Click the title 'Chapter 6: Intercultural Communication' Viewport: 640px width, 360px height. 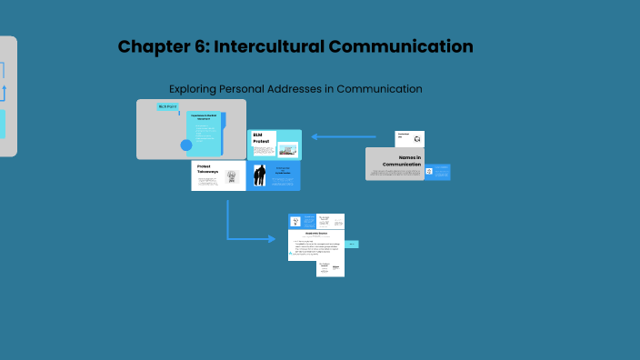click(x=295, y=46)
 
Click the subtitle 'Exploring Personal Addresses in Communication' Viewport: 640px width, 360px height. click(x=295, y=89)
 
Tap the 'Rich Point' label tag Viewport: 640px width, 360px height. click(x=168, y=106)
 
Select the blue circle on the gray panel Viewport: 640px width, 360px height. click(x=186, y=145)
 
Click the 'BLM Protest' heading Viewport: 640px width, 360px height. click(x=262, y=138)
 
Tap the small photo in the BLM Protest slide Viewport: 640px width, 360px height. click(x=287, y=149)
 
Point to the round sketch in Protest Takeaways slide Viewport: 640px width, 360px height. click(x=231, y=176)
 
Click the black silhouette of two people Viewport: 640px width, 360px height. click(x=260, y=175)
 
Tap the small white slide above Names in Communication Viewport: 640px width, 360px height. click(x=409, y=138)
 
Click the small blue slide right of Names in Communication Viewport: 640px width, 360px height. click(x=437, y=172)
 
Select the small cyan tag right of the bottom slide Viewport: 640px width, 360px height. click(x=352, y=244)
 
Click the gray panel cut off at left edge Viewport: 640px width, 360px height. click(x=7, y=96)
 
